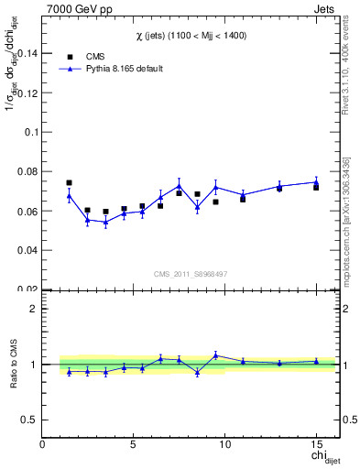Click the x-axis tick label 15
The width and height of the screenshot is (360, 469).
point(316,445)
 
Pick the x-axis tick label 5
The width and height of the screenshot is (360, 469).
point(135,445)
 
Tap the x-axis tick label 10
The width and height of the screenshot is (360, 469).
point(225,445)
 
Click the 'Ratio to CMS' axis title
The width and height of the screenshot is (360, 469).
point(12,365)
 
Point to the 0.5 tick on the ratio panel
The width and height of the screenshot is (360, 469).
point(30,420)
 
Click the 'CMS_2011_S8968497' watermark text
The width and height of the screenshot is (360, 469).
point(190,273)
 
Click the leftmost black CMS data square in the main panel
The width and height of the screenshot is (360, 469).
point(69,183)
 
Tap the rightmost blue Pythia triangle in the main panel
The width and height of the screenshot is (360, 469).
point(316,181)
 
